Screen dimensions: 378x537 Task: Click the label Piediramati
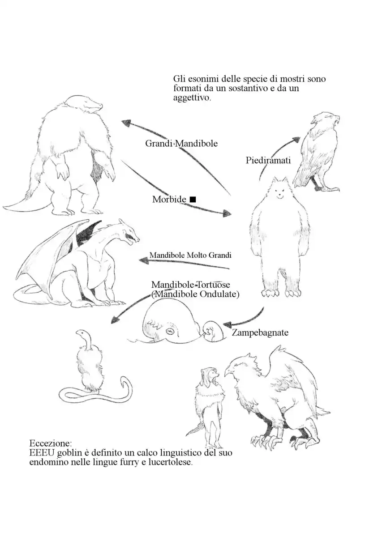(x=268, y=160)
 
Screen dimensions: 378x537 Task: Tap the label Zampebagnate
(x=260, y=332)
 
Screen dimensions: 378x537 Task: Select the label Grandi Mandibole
(x=181, y=143)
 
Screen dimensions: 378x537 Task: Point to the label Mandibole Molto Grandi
(x=190, y=255)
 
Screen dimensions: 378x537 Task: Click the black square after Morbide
(x=193, y=199)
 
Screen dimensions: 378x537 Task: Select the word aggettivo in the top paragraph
(x=192, y=98)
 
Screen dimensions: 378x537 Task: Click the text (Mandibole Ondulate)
(x=195, y=294)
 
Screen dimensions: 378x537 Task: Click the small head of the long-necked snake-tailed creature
(x=81, y=332)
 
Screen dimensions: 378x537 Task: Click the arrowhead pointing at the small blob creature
(x=228, y=324)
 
